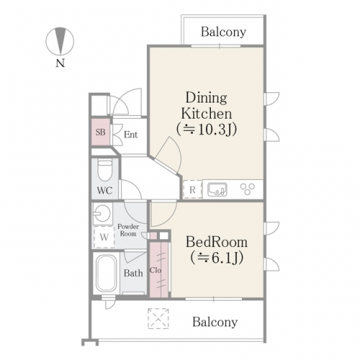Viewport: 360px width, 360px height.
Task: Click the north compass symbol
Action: point(60,41)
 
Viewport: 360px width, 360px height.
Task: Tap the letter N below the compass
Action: point(60,63)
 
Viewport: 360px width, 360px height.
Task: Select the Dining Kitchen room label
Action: point(207,106)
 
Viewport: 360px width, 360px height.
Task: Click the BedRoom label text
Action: point(217,242)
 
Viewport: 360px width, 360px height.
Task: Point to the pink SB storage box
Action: point(101,132)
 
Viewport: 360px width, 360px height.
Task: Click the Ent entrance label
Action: point(131,135)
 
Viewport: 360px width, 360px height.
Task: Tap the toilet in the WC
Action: point(105,171)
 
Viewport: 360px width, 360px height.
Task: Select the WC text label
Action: point(104,191)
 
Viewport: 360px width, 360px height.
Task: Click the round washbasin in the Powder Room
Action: point(102,213)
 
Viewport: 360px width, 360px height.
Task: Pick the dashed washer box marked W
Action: point(104,237)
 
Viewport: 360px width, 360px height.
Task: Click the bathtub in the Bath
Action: point(106,273)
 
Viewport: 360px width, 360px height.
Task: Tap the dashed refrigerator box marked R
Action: point(192,189)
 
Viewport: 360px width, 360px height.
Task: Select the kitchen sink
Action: point(217,189)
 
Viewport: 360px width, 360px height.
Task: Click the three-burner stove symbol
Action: point(248,189)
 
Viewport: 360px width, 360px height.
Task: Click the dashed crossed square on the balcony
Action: point(158,318)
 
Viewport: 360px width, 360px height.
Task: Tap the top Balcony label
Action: point(223,32)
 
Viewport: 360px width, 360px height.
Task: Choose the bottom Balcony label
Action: point(215,322)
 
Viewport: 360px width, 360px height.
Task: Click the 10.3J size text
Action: point(207,130)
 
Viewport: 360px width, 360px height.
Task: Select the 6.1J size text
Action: point(217,258)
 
